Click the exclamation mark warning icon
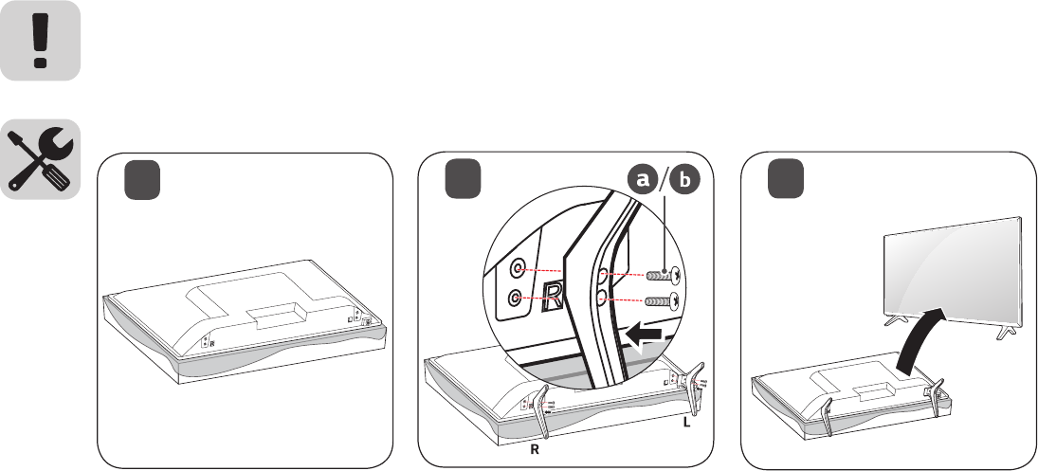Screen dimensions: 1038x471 pyautogui.click(x=40, y=41)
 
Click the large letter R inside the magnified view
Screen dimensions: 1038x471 pyautogui.click(x=554, y=299)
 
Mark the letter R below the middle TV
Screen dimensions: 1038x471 pyautogui.click(x=534, y=452)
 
